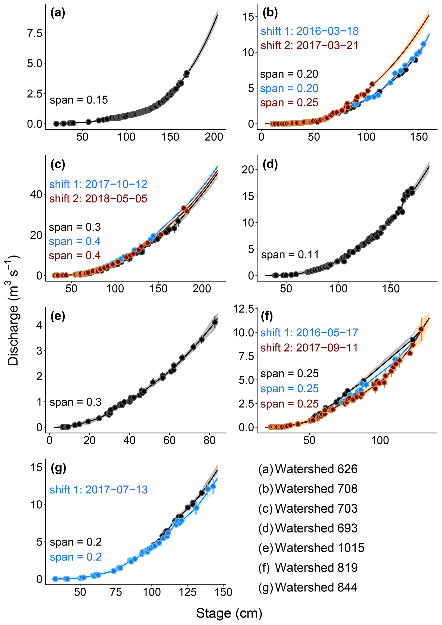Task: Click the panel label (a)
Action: coord(58,13)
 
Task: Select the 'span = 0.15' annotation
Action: coord(79,100)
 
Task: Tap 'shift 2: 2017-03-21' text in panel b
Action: coord(309,46)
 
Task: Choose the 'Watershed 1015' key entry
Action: coord(319,548)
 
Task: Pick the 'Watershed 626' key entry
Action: coord(316,469)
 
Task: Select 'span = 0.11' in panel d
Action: coord(290,255)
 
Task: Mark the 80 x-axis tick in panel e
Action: coord(209,440)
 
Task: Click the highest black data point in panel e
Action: coord(215,322)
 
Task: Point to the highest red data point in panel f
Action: coord(421,329)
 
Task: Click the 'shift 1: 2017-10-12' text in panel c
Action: coord(98,184)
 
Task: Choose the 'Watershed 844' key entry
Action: coord(316,587)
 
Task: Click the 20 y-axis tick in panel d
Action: coord(248,170)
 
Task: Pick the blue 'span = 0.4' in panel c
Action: coord(75,241)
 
